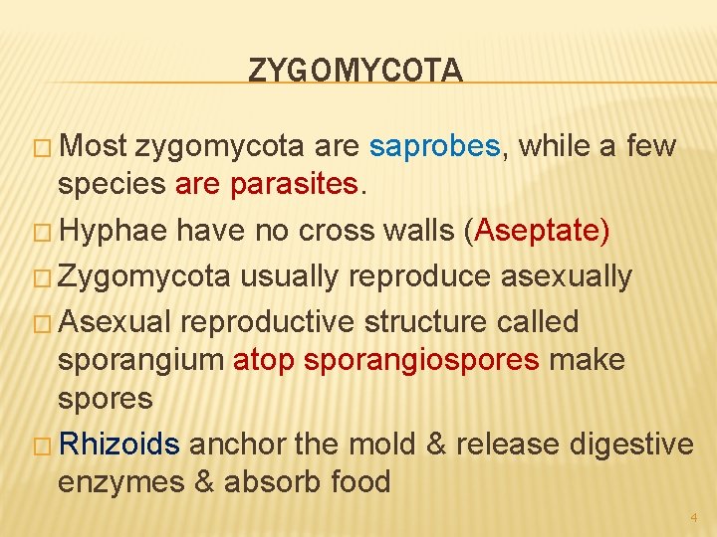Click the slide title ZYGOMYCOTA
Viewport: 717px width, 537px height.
click(x=356, y=71)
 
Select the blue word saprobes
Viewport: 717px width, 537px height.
click(x=433, y=147)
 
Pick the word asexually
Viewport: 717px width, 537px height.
click(x=566, y=276)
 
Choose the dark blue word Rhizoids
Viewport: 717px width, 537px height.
click(x=119, y=444)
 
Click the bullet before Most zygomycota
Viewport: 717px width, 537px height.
click(x=45, y=148)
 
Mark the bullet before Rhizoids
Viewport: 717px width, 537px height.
click(x=45, y=445)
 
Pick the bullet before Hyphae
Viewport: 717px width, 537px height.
click(x=45, y=232)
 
